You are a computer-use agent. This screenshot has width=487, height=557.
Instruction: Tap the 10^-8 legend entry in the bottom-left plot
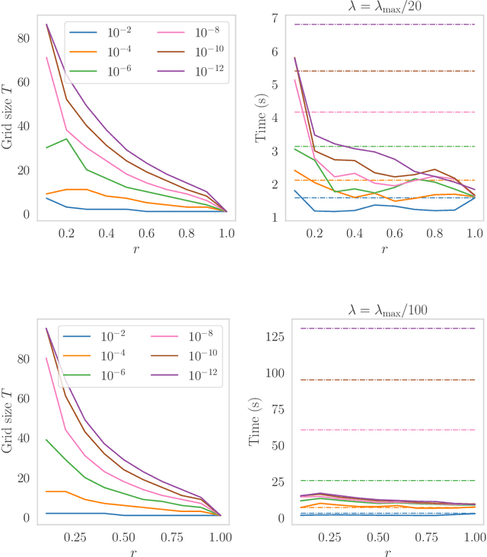199,336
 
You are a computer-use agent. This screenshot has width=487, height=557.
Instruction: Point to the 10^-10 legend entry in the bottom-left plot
199,356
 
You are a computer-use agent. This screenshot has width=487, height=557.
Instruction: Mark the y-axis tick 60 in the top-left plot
24,82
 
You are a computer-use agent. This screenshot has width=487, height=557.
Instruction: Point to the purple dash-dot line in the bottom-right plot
374,328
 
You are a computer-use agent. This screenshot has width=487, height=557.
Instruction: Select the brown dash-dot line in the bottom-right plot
374,379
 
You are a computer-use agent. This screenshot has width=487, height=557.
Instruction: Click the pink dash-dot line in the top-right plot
374,112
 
